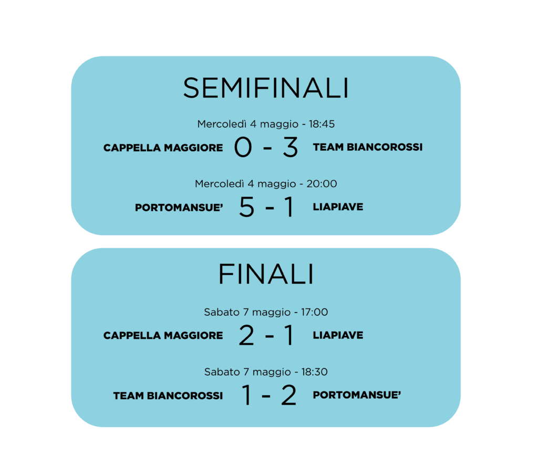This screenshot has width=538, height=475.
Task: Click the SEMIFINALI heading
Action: (266, 88)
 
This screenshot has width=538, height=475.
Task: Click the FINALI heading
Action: (266, 274)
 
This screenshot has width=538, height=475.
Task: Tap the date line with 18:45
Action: (266, 124)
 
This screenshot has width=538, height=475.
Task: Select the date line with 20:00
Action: (266, 184)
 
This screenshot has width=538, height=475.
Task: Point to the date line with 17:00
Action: (266, 312)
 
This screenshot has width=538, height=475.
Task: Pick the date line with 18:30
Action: (266, 372)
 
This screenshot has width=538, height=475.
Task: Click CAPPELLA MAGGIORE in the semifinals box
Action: (163, 148)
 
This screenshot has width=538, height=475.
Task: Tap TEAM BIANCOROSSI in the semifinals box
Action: (368, 147)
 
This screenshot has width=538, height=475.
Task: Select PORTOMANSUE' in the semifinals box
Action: (179, 208)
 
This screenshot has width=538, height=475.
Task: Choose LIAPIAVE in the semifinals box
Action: (338, 207)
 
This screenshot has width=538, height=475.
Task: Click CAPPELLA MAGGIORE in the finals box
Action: (163, 335)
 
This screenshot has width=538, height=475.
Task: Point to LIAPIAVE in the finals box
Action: (338, 335)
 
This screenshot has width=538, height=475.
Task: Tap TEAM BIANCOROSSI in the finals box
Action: (168, 396)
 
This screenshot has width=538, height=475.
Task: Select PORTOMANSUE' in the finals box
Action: (357, 395)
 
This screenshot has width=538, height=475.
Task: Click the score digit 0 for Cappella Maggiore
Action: (243, 148)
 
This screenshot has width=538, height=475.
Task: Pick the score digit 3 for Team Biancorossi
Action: (290, 148)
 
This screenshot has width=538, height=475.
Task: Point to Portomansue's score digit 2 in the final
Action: (289, 396)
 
